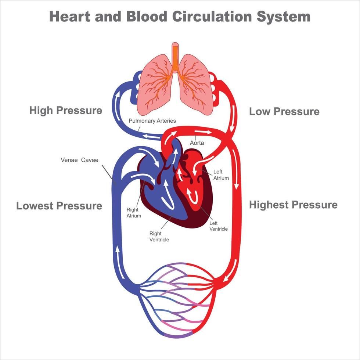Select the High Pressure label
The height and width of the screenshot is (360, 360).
pyautogui.click(x=66, y=110)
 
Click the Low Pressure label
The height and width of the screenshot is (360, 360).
pyautogui.click(x=284, y=112)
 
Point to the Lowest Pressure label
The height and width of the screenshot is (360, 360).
pyautogui.click(x=59, y=206)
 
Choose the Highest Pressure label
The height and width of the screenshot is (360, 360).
pyautogui.click(x=293, y=205)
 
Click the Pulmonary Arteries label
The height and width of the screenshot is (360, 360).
pyautogui.click(x=152, y=120)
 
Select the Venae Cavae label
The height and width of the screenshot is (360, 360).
pyautogui.click(x=79, y=160)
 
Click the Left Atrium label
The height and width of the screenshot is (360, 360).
pyautogui.click(x=221, y=175)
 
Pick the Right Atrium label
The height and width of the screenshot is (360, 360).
pyautogui.click(x=134, y=213)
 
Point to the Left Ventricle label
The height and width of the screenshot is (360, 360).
pyautogui.click(x=218, y=226)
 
